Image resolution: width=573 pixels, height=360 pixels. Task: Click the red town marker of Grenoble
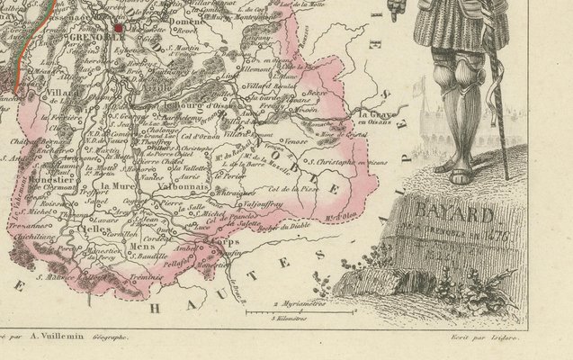[x=118, y=27]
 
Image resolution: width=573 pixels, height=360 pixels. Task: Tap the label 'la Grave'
[x=370, y=114]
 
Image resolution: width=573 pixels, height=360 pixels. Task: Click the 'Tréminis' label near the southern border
[x=144, y=276]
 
